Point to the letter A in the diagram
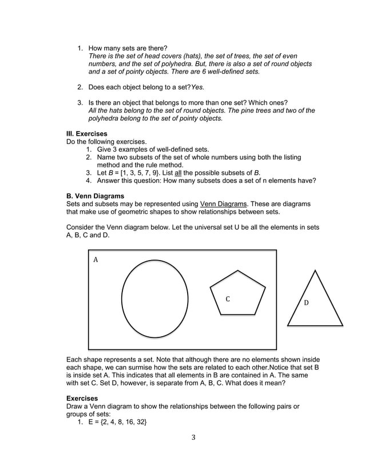coord(96,259)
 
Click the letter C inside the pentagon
coord(227,299)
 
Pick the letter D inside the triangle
coord(306,302)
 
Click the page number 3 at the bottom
coord(193,438)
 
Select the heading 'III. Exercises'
coord(87,134)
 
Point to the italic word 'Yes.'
coord(197,87)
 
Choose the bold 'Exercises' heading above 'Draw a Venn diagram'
coord(82,398)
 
